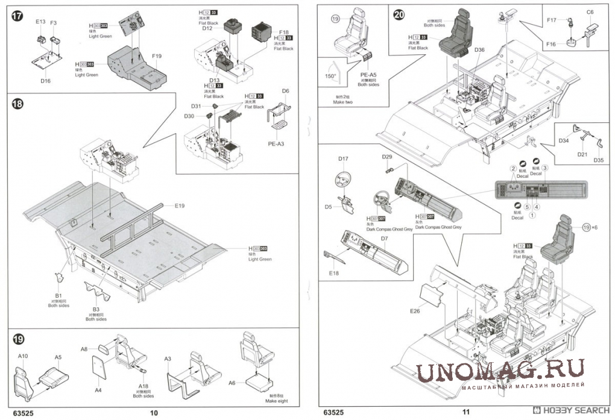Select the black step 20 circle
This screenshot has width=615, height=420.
399,16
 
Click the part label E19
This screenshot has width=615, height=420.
180,206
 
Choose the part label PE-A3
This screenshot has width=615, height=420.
276,145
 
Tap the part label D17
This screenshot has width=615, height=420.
343,159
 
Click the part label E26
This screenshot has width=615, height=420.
414,311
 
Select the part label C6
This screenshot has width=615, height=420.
590,12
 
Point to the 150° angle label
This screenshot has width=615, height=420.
330,77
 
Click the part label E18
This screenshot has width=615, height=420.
334,274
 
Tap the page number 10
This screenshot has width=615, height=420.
153,412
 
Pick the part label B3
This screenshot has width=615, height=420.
95,309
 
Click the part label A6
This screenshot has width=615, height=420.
233,383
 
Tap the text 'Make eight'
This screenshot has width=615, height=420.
277,401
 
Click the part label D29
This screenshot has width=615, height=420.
387,157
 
